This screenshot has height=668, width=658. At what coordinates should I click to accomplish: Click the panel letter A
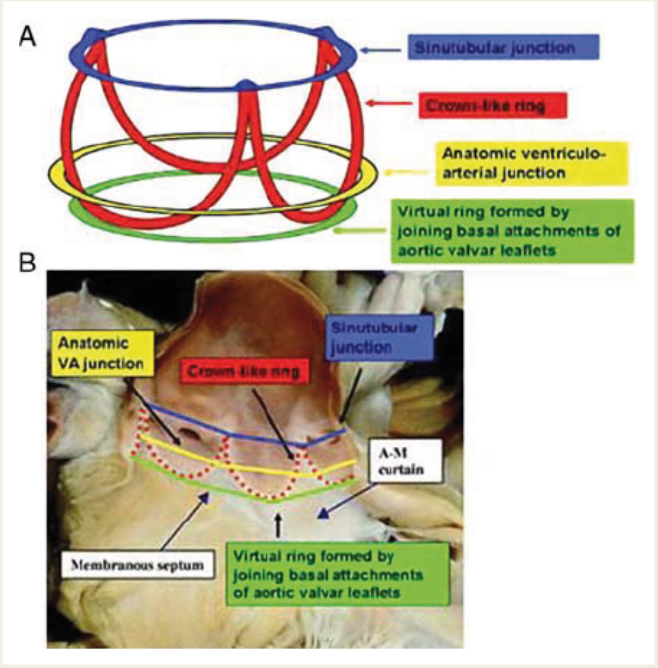click(x=27, y=34)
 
